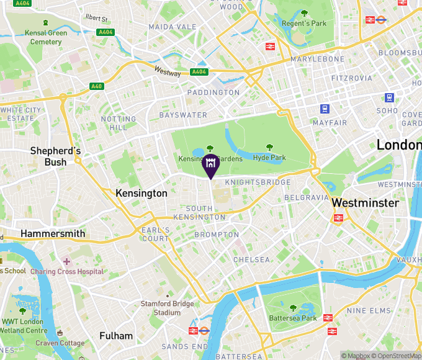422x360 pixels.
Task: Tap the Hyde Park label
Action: tap(269, 158)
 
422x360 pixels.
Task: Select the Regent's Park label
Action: tap(304, 24)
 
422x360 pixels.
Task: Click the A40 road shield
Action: tap(96, 86)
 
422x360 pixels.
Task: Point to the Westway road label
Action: tap(168, 73)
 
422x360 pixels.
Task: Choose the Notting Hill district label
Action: tap(118, 123)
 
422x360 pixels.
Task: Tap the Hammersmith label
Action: tap(53, 233)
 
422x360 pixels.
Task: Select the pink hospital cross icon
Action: tap(66, 261)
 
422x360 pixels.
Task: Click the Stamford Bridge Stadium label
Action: tap(167, 308)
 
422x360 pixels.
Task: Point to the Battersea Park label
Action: tap(292, 318)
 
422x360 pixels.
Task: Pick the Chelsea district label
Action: tap(251, 259)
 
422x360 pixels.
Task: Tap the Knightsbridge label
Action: tap(257, 182)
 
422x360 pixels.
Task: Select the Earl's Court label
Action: tap(155, 235)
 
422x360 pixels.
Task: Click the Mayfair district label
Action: tap(330, 123)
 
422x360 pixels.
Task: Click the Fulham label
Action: tap(116, 336)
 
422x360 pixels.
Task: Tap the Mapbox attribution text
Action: tap(355, 356)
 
